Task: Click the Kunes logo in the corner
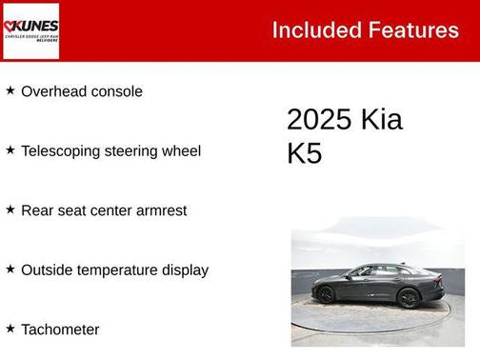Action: tap(31, 30)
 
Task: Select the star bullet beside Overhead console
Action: tap(10, 90)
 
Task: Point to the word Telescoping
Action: tap(63, 150)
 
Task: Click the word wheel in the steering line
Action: tap(180, 150)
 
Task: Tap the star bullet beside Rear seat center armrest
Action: tap(10, 209)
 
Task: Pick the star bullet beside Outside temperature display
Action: tap(10, 269)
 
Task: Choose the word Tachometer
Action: tap(60, 330)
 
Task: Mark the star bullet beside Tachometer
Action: tap(10, 329)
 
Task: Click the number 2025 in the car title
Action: tap(318, 120)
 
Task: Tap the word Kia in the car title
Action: tap(381, 120)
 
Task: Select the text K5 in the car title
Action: tap(304, 154)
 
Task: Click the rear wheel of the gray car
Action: tap(326, 294)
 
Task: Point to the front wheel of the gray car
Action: tap(410, 298)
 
